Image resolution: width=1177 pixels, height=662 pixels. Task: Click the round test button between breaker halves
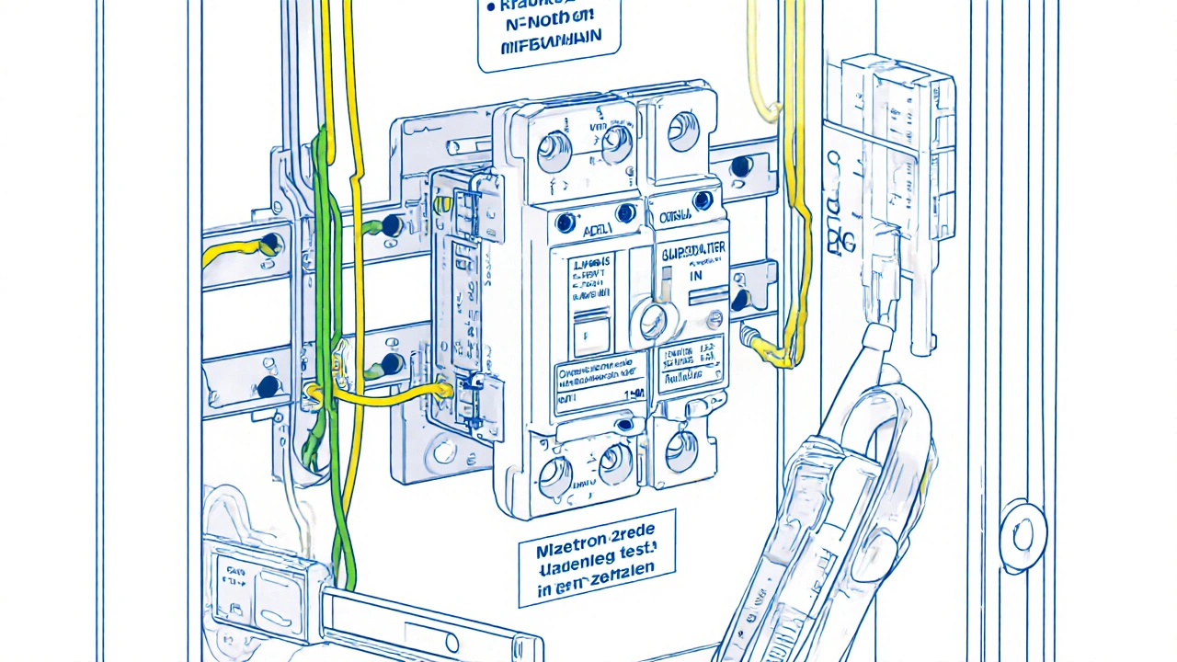click(x=654, y=322)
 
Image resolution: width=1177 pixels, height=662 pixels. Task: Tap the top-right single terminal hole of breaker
click(x=682, y=131)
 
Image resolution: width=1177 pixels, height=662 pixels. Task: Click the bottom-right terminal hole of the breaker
click(x=681, y=452)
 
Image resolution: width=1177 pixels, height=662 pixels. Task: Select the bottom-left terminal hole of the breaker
click(x=554, y=475)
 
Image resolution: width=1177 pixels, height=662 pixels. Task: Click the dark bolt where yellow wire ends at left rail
click(x=270, y=245)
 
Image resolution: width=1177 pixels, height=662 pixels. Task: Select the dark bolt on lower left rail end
click(x=268, y=386)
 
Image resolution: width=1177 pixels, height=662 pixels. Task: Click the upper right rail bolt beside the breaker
click(x=740, y=166)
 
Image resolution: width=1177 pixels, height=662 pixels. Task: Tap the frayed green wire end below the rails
click(x=312, y=455)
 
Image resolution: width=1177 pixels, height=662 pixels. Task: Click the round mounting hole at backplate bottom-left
click(x=445, y=451)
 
